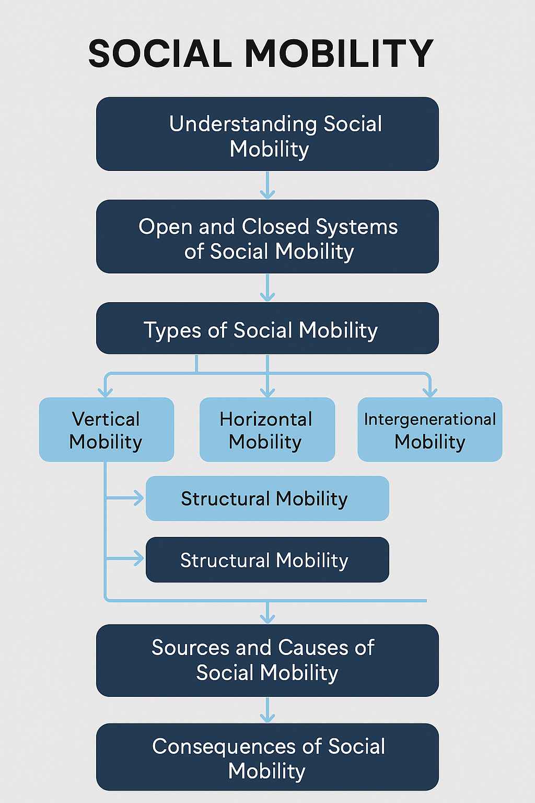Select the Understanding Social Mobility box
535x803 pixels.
point(267,134)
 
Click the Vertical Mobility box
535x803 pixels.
point(106,430)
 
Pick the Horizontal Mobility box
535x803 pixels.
point(267,430)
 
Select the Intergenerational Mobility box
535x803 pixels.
point(429,430)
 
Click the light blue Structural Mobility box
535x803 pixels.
point(267,498)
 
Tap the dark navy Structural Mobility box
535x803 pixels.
point(267,560)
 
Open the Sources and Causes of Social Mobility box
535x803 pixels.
point(267,660)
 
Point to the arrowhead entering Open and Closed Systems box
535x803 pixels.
point(267,194)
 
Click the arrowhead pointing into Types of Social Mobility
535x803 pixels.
point(267,296)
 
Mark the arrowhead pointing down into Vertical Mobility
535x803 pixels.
point(106,392)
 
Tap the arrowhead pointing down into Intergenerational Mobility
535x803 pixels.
point(429,392)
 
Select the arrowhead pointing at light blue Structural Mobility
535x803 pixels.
point(138,498)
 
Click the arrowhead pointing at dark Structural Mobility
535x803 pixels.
point(138,558)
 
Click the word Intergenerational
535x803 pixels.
point(429,419)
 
